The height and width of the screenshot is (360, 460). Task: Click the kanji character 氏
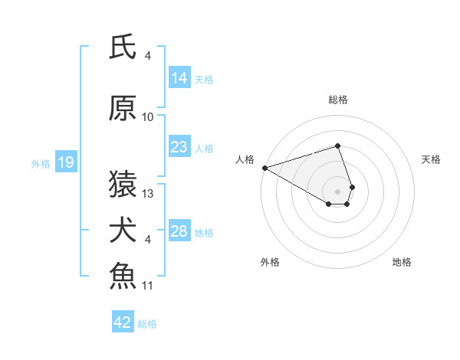pyautogui.click(x=123, y=47)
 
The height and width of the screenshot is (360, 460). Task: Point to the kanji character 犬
pyautogui.click(x=123, y=231)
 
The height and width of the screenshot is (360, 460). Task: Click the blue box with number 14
pyautogui.click(x=179, y=77)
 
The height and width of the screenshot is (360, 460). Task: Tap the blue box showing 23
pyautogui.click(x=179, y=147)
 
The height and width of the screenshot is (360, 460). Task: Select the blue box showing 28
pyautogui.click(x=179, y=231)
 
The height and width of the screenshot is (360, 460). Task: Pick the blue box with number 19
pyautogui.click(x=65, y=162)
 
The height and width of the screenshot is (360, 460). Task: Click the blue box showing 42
pyautogui.click(x=122, y=322)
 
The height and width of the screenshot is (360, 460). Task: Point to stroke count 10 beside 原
pyautogui.click(x=148, y=116)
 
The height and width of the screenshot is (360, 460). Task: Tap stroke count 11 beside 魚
pyautogui.click(x=148, y=286)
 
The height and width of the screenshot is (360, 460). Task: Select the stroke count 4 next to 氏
pyautogui.click(x=148, y=55)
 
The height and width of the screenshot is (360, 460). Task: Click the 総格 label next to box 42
pyautogui.click(x=147, y=323)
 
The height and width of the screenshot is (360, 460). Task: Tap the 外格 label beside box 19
pyautogui.click(x=40, y=163)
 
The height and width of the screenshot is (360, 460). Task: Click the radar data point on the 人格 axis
pyautogui.click(x=264, y=167)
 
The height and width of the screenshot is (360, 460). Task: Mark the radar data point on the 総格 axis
pyautogui.click(x=337, y=146)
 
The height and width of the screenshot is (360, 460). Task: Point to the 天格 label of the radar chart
pyautogui.click(x=431, y=159)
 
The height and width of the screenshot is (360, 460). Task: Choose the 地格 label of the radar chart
pyautogui.click(x=402, y=262)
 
